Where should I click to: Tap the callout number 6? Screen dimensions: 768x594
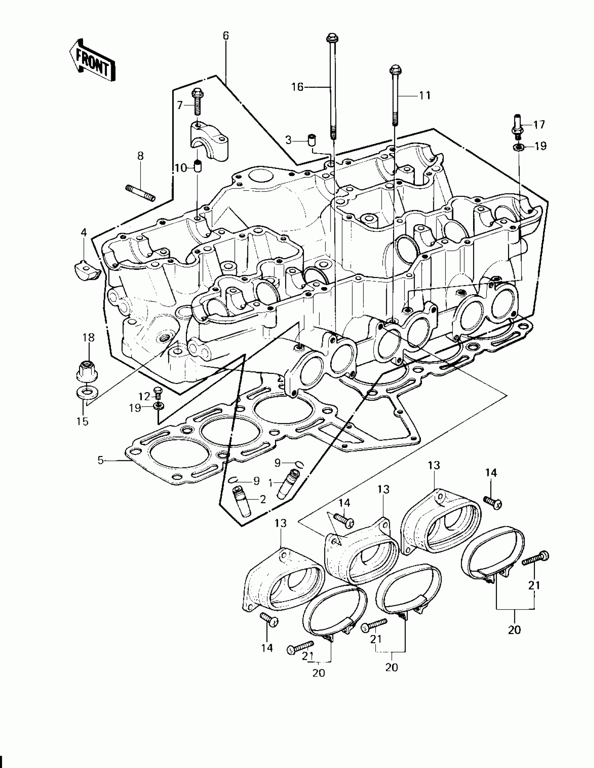tap(225, 36)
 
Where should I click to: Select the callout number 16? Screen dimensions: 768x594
tap(298, 86)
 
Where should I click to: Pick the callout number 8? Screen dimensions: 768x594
tap(140, 156)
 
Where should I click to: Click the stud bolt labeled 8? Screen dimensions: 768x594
tap(140, 193)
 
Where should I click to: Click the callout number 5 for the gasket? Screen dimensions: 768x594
tap(101, 460)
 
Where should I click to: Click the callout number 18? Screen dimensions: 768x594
tap(88, 338)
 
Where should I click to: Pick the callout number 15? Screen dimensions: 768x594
tap(82, 421)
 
